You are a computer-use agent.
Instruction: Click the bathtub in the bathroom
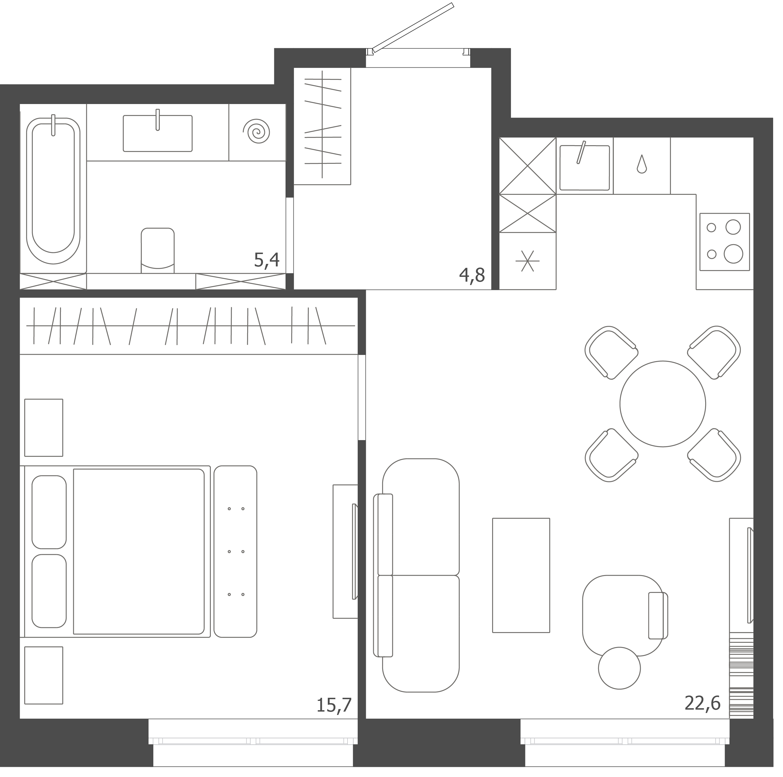[x=53, y=191]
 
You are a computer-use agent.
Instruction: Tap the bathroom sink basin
[x=158, y=133]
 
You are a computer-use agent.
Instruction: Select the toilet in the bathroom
[x=158, y=250]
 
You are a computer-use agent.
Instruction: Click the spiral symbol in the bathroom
[x=256, y=131]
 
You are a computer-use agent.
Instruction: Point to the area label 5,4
[x=267, y=260]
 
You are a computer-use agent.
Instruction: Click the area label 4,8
[x=472, y=276]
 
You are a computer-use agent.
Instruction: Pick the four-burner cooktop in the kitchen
[x=725, y=242]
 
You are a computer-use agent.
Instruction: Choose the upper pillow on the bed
[x=49, y=512]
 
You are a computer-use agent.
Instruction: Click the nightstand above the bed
[x=44, y=428]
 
